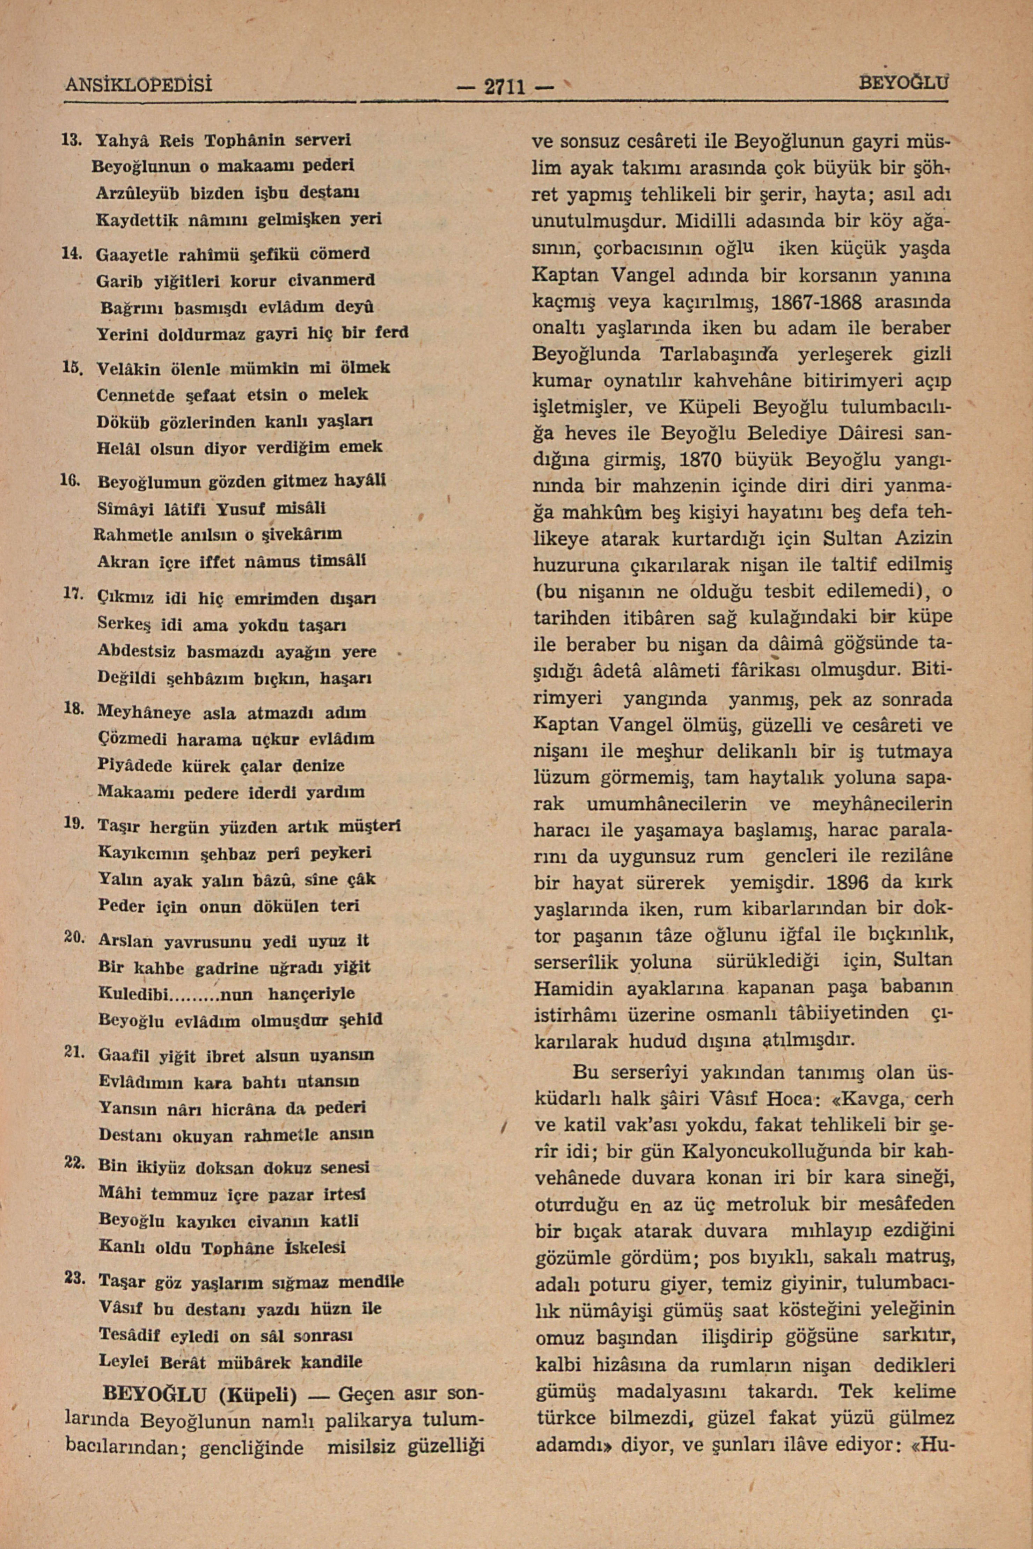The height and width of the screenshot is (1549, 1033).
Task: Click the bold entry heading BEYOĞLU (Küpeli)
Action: click(x=201, y=1394)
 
